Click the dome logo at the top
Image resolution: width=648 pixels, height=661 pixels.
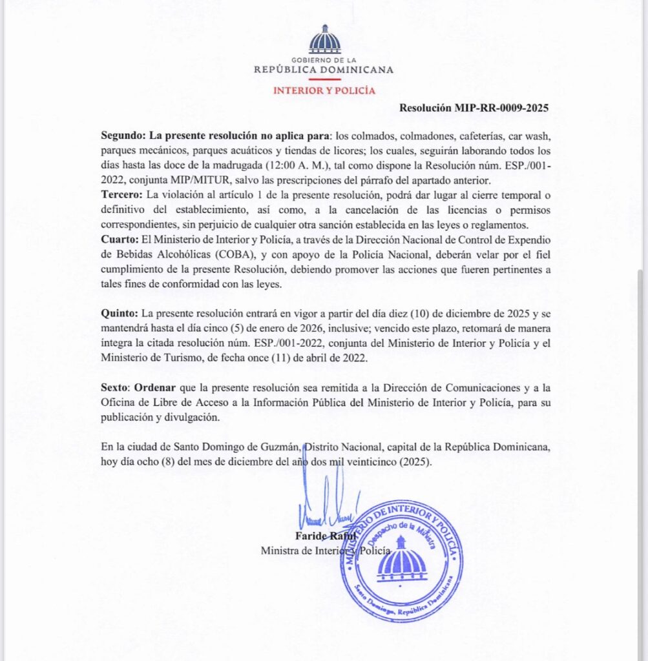click(324, 40)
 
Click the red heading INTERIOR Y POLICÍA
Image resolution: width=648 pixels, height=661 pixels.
click(324, 90)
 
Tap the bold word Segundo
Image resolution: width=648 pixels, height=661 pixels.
click(122, 136)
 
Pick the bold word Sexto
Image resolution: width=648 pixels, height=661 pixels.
click(116, 388)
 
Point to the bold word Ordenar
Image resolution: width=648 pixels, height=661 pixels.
click(154, 388)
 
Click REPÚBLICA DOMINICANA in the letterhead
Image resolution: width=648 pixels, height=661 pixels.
click(324, 70)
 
